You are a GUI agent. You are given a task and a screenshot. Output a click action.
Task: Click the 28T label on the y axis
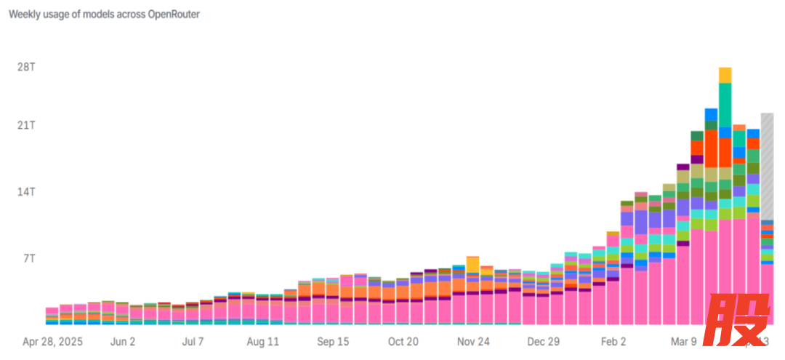(26, 67)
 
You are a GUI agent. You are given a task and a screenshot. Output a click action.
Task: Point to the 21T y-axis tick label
(26, 125)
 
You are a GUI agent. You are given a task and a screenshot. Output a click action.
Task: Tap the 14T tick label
(26, 192)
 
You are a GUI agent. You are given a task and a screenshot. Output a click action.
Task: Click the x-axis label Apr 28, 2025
(52, 342)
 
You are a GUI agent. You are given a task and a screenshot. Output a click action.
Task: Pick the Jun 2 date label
(123, 342)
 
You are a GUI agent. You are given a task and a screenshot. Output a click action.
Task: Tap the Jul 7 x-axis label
(193, 342)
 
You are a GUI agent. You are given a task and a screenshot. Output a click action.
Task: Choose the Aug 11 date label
(263, 342)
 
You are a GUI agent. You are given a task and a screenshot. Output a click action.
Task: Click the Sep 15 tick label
(334, 342)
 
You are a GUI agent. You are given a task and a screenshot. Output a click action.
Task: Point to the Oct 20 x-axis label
(403, 342)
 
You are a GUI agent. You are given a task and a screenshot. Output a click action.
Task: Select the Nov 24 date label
(474, 342)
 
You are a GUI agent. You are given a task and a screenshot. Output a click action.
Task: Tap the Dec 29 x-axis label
(544, 342)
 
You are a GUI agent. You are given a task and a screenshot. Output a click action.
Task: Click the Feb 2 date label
(613, 342)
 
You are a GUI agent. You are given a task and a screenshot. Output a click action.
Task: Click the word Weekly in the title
(24, 15)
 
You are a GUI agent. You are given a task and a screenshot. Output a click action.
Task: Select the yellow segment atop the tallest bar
(725, 75)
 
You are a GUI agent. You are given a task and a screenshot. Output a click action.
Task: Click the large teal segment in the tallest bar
(725, 105)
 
